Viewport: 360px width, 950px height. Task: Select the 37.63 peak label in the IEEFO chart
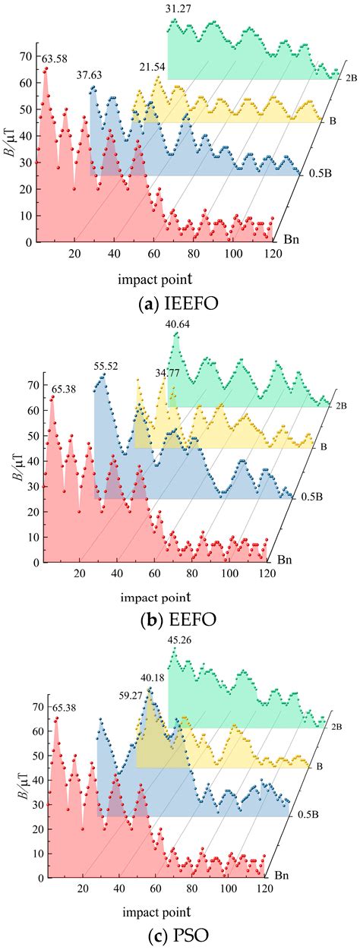90,75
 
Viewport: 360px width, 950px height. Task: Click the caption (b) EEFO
179,620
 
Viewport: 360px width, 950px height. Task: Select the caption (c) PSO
179,936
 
